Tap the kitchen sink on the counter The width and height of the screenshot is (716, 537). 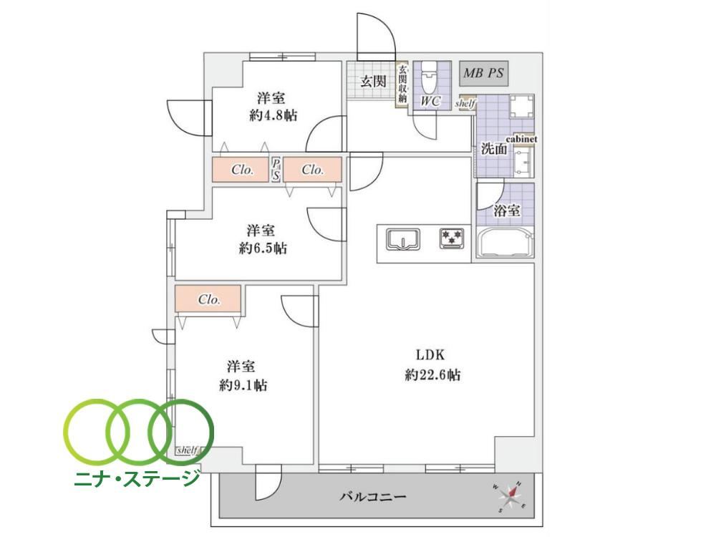click(403, 239)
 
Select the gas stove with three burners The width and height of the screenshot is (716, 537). click(452, 238)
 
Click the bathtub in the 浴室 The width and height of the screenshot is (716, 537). click(505, 242)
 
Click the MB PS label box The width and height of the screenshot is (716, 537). click(483, 73)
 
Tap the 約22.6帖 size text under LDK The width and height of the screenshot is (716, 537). click(432, 375)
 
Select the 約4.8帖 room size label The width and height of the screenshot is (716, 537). click(273, 115)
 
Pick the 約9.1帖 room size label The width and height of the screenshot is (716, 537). click(243, 385)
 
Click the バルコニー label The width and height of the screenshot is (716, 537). click(372, 496)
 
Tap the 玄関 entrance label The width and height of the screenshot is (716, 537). click(373, 82)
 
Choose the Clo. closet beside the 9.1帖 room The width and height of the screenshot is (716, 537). click(208, 299)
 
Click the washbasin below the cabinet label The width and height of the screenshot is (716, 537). click(523, 161)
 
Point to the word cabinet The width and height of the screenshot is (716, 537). click(521, 139)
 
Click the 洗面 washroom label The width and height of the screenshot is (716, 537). click(494, 149)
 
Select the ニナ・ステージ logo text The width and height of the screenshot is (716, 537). click(137, 478)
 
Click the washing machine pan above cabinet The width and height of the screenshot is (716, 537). click(521, 107)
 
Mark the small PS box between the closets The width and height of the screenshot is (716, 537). click(276, 170)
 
